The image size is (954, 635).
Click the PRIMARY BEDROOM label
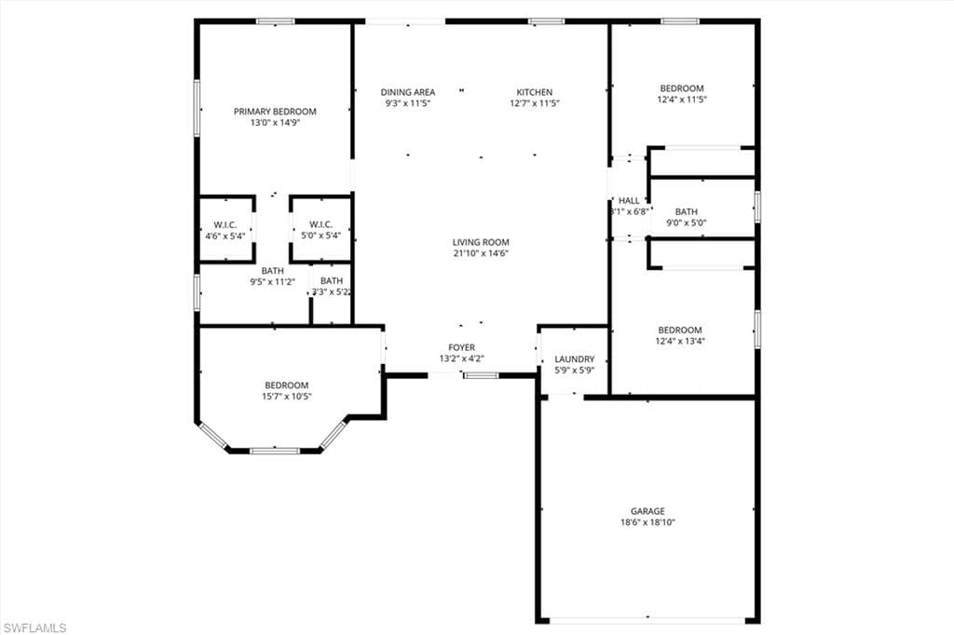coord(275,112)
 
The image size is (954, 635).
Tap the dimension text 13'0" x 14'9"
coord(275,123)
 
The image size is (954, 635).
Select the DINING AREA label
coord(408,92)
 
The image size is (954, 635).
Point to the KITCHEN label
coord(535,92)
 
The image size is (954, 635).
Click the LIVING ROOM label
coord(481,242)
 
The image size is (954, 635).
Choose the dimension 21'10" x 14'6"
coord(481,253)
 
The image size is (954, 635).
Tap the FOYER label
coord(462,347)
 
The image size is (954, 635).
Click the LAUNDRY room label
coord(574,359)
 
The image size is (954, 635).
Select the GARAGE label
coord(647,511)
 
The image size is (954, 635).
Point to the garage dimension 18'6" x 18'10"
coord(647,523)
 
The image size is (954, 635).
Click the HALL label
coord(629,200)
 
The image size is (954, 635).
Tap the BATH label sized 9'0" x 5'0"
coord(687,211)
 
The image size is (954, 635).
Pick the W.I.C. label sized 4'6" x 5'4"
coord(225,224)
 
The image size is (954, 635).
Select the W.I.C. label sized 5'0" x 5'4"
coord(321,224)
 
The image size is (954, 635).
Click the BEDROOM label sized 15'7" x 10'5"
coord(286,385)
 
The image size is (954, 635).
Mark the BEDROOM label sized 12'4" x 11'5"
coord(681,88)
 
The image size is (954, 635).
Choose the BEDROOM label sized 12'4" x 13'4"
coord(680,331)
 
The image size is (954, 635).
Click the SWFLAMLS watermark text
coord(34,628)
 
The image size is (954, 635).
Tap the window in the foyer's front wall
coord(481,375)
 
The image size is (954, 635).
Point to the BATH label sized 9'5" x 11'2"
coord(273,271)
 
